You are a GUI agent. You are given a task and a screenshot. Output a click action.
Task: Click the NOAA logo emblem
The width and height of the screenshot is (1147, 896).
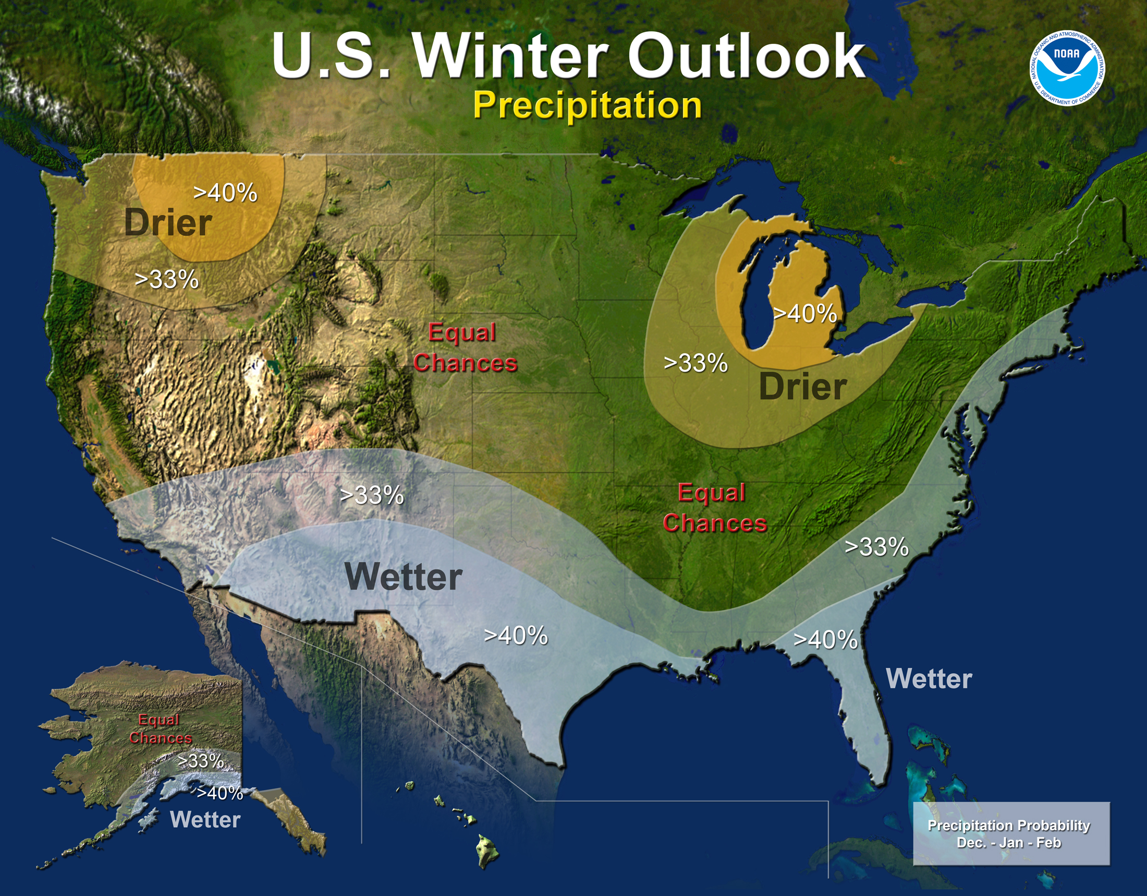click(x=1067, y=67)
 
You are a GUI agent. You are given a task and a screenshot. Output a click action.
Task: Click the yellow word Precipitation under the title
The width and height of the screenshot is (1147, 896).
click(x=587, y=105)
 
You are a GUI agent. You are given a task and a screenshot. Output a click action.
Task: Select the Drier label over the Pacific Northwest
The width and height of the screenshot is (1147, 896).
click(x=168, y=223)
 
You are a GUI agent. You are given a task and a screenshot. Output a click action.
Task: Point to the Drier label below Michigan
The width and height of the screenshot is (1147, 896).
click(x=802, y=387)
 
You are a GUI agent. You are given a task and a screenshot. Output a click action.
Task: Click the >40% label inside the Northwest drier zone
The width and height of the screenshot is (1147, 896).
click(x=225, y=193)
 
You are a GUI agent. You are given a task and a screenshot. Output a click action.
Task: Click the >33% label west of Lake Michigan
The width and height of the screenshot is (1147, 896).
click(x=695, y=363)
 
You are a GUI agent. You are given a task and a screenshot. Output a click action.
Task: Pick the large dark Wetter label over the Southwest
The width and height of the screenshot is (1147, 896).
click(x=404, y=577)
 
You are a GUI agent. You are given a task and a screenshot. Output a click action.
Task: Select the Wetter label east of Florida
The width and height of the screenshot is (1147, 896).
click(x=929, y=678)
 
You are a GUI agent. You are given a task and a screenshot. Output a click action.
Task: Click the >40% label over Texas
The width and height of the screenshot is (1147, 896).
click(x=515, y=636)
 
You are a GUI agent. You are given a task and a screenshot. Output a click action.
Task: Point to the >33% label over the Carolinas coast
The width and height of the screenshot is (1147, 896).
click(x=876, y=547)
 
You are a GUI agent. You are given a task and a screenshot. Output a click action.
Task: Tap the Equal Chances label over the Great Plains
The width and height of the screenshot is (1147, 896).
click(x=464, y=348)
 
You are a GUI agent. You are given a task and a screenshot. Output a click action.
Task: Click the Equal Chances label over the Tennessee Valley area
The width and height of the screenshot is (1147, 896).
click(x=714, y=508)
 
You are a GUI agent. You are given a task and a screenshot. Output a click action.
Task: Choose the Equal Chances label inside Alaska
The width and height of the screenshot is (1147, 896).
click(x=160, y=729)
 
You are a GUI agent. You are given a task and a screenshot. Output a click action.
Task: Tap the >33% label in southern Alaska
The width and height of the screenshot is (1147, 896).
click(x=201, y=760)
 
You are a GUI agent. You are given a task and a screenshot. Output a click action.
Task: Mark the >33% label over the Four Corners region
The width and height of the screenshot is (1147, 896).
click(x=372, y=495)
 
